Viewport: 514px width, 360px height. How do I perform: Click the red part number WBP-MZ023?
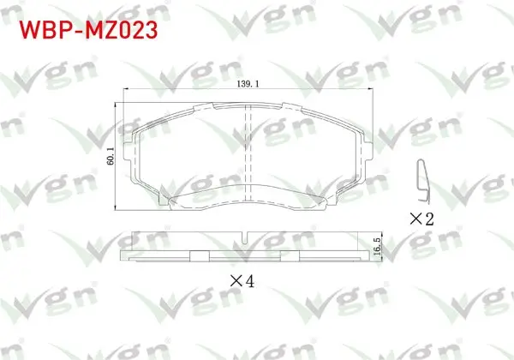[88, 31]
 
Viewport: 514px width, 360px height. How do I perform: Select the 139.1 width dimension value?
[248, 84]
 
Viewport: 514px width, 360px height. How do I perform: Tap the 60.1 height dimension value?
[111, 156]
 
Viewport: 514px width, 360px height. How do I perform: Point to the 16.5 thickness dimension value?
[377, 247]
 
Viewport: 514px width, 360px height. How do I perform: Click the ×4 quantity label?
[242, 281]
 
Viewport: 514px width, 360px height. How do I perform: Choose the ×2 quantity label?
[421, 219]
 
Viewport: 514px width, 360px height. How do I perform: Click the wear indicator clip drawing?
[423, 181]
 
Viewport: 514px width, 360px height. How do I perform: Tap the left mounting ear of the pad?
[128, 152]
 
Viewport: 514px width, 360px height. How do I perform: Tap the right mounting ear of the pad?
[368, 152]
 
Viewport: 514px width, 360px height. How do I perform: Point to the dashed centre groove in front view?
[248, 153]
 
